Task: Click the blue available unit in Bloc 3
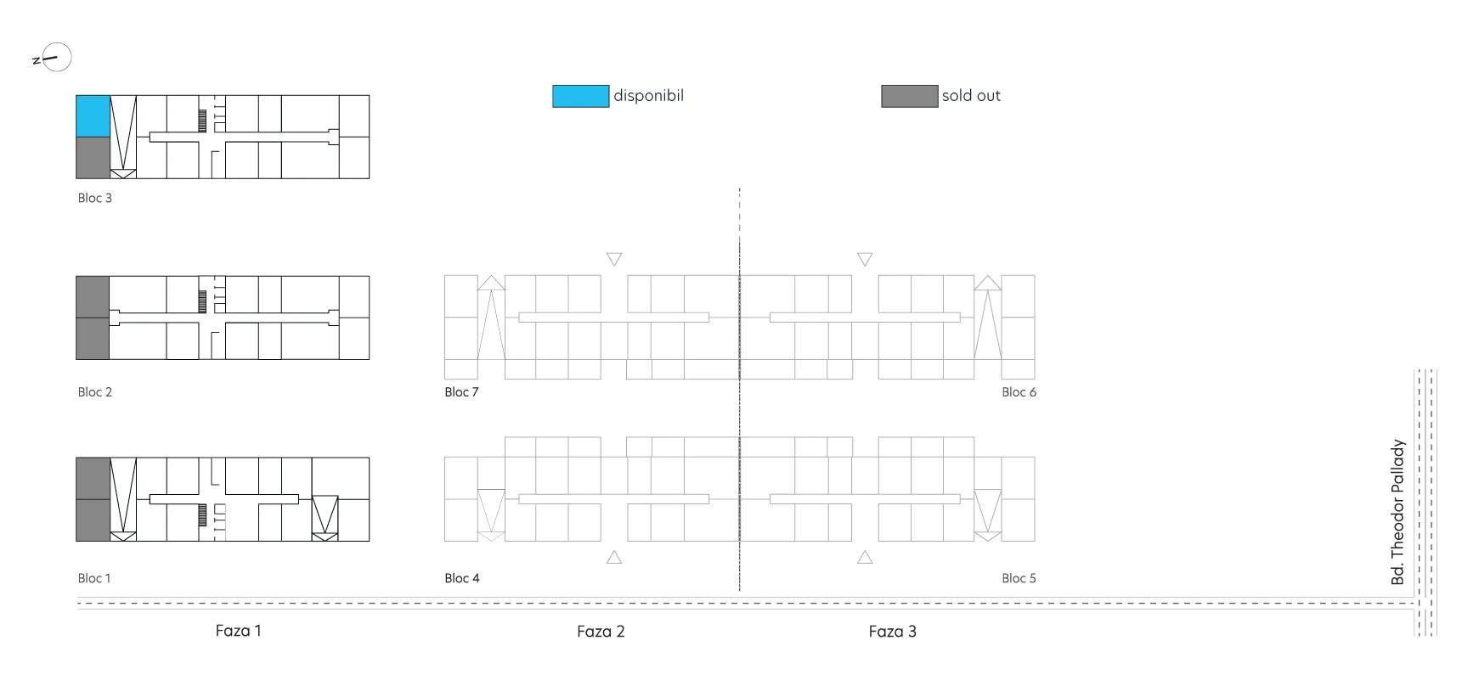click(93, 116)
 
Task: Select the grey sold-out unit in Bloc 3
click(93, 158)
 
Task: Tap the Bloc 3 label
click(95, 198)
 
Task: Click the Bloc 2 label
click(95, 392)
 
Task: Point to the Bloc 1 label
click(94, 578)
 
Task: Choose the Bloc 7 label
click(462, 392)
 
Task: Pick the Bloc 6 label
click(1019, 392)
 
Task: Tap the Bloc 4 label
click(462, 578)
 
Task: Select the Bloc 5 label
click(1019, 578)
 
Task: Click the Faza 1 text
click(239, 631)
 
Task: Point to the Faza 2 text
click(601, 632)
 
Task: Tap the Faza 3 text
click(893, 632)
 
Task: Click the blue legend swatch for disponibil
click(581, 96)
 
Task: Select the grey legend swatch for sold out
click(910, 96)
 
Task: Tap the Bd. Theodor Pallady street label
click(1398, 512)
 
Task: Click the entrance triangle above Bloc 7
click(614, 259)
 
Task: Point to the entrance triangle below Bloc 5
click(865, 557)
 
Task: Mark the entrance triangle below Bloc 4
click(614, 557)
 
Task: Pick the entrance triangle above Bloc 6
click(865, 259)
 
